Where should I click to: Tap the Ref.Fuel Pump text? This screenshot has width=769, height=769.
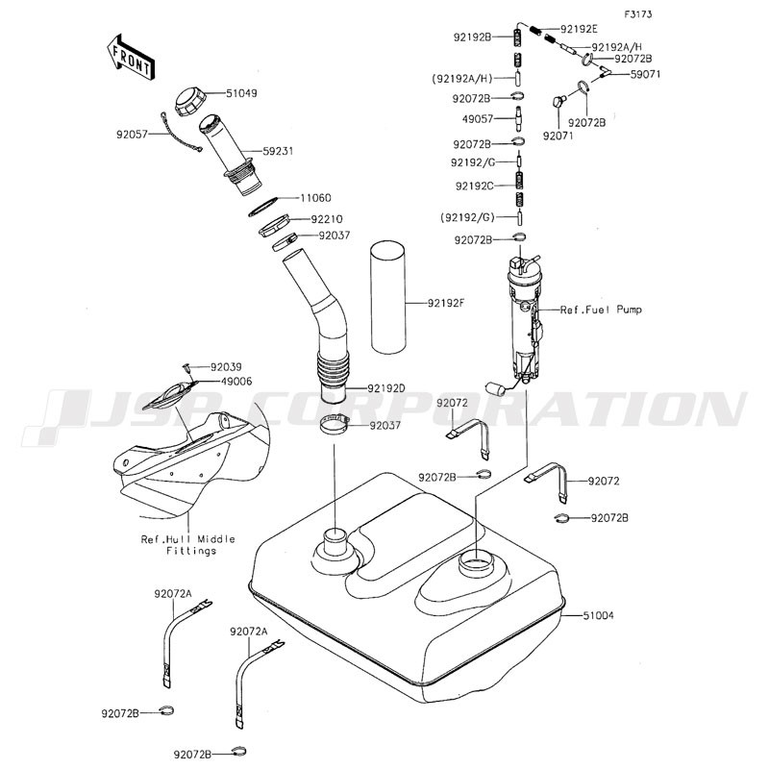click(x=602, y=310)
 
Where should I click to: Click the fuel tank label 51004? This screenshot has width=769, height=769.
click(x=597, y=614)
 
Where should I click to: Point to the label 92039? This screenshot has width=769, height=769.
click(x=227, y=366)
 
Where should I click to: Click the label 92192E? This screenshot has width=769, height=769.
click(x=579, y=29)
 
